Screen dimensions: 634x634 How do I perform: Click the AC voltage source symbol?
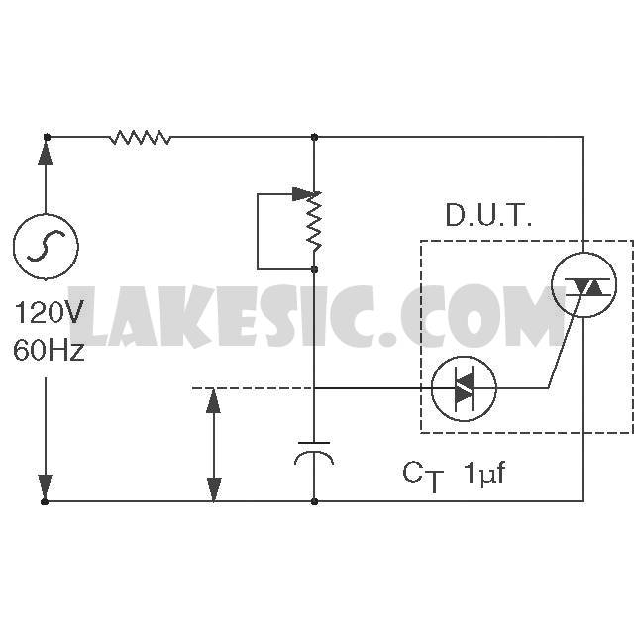[x=46, y=247]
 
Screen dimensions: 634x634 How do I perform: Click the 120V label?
[x=49, y=312]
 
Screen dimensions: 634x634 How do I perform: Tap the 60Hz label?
[x=50, y=350]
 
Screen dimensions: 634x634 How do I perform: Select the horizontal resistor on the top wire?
[x=141, y=138]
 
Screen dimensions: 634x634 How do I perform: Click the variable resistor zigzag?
[x=314, y=222]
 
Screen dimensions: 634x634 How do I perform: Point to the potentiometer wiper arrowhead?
[x=301, y=194]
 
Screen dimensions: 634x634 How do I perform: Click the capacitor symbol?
[x=314, y=453]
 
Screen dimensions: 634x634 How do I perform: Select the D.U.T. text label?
[x=488, y=215]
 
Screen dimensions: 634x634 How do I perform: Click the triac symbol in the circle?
[x=584, y=285]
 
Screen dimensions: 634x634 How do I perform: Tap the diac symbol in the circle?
[x=464, y=388]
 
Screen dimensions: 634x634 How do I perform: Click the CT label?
[x=423, y=476]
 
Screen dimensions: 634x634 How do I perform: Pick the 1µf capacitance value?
[x=485, y=474]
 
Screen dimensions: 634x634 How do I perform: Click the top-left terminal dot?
[x=47, y=138]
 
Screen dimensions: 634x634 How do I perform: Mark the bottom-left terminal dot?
[x=45, y=502]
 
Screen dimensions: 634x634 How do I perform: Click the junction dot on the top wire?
[x=315, y=138]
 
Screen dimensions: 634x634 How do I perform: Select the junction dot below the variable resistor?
[x=315, y=269]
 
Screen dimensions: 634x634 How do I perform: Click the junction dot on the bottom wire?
[x=315, y=502]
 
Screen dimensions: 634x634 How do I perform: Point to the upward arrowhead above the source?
[x=46, y=154]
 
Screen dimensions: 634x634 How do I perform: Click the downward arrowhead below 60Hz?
[x=46, y=487]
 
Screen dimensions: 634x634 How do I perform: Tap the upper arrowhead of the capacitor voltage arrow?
[x=214, y=401]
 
